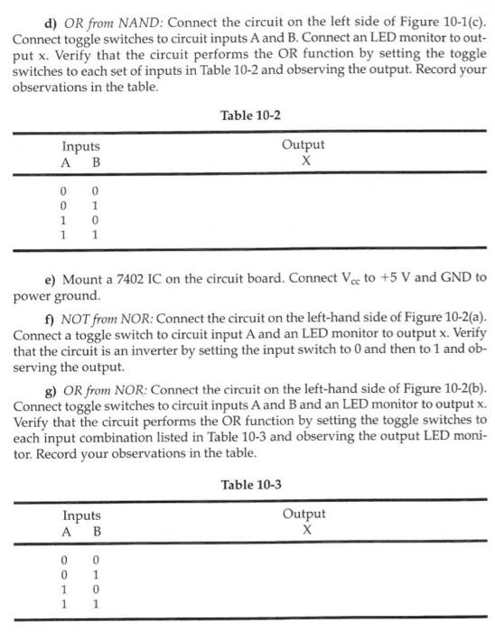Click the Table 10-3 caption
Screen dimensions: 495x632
coord(250,485)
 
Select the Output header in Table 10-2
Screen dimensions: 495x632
coord(303,144)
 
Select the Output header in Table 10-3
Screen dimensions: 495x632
coord(304,514)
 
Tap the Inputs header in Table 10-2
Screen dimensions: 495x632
coord(81,145)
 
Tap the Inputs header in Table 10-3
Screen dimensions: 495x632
coord(81,516)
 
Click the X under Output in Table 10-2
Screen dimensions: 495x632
coord(305,160)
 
